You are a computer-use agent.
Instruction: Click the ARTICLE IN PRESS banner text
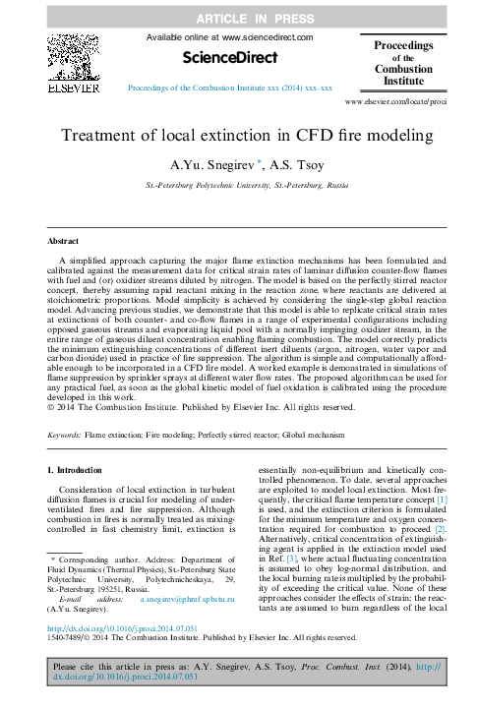(x=239, y=17)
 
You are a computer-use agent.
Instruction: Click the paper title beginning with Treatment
(x=239, y=137)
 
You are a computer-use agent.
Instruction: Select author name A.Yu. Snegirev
(x=207, y=165)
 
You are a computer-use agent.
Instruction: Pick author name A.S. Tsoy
(x=286, y=165)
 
